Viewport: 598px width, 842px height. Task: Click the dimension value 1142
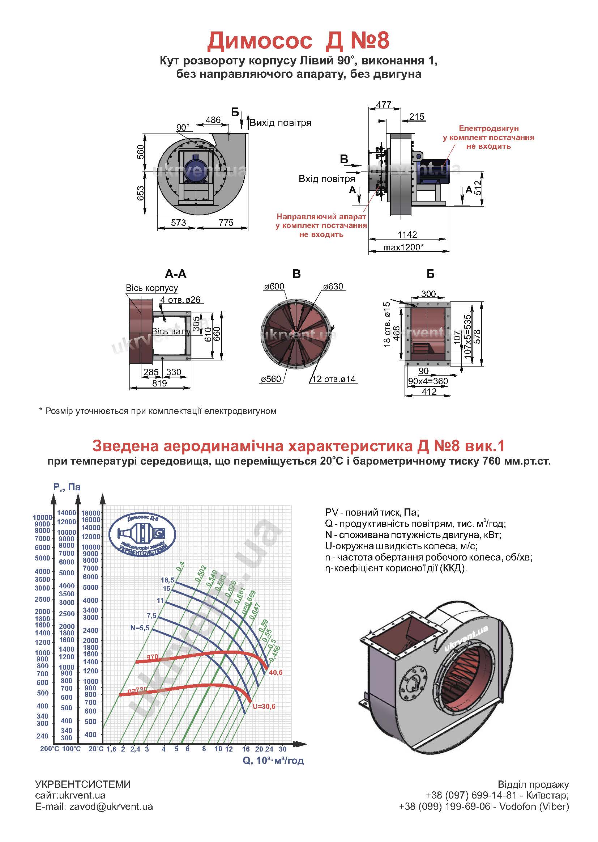[x=407, y=234]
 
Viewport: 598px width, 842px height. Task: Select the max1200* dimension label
[x=403, y=247]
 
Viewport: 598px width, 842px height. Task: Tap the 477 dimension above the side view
[x=384, y=105]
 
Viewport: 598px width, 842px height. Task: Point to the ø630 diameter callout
[x=333, y=286]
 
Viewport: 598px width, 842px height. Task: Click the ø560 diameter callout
[x=271, y=379]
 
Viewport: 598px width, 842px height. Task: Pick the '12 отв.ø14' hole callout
[x=334, y=379]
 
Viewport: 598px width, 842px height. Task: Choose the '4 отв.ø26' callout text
[x=180, y=300]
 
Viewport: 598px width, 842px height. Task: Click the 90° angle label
[x=183, y=127]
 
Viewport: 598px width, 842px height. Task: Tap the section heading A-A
[x=176, y=274]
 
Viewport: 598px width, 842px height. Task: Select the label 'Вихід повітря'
[x=280, y=123]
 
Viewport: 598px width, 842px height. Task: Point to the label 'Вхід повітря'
[x=326, y=179]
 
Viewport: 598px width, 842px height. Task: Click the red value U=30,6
[x=264, y=706]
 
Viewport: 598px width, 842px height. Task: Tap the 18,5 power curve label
[x=167, y=580]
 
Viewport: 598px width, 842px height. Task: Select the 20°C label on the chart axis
[x=96, y=749]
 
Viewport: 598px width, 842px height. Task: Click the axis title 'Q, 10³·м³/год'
[x=273, y=761]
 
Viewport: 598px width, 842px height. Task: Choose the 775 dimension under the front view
[x=226, y=223]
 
